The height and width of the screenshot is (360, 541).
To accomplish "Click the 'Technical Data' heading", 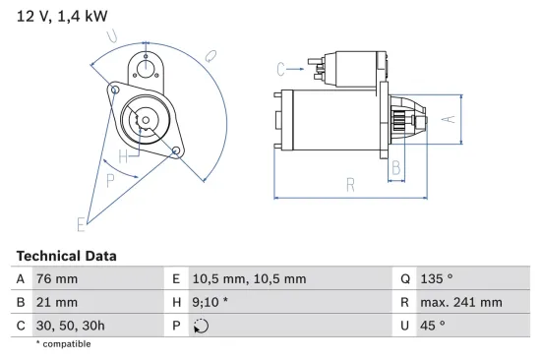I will (x=66, y=256).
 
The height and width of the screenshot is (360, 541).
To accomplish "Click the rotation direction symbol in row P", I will (x=203, y=326).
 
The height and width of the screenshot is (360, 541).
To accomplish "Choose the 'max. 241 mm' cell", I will (x=462, y=302).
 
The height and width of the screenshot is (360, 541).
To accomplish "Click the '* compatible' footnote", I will (x=63, y=344).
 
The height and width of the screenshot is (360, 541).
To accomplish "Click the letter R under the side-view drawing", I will (x=349, y=184).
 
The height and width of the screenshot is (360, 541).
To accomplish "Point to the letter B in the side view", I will (x=396, y=168).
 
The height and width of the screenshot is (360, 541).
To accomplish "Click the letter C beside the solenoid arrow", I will (x=281, y=68).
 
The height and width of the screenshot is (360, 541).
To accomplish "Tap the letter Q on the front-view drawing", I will (x=211, y=57).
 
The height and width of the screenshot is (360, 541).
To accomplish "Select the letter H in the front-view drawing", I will (x=123, y=156).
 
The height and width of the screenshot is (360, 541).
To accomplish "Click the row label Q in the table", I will (x=404, y=279).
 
